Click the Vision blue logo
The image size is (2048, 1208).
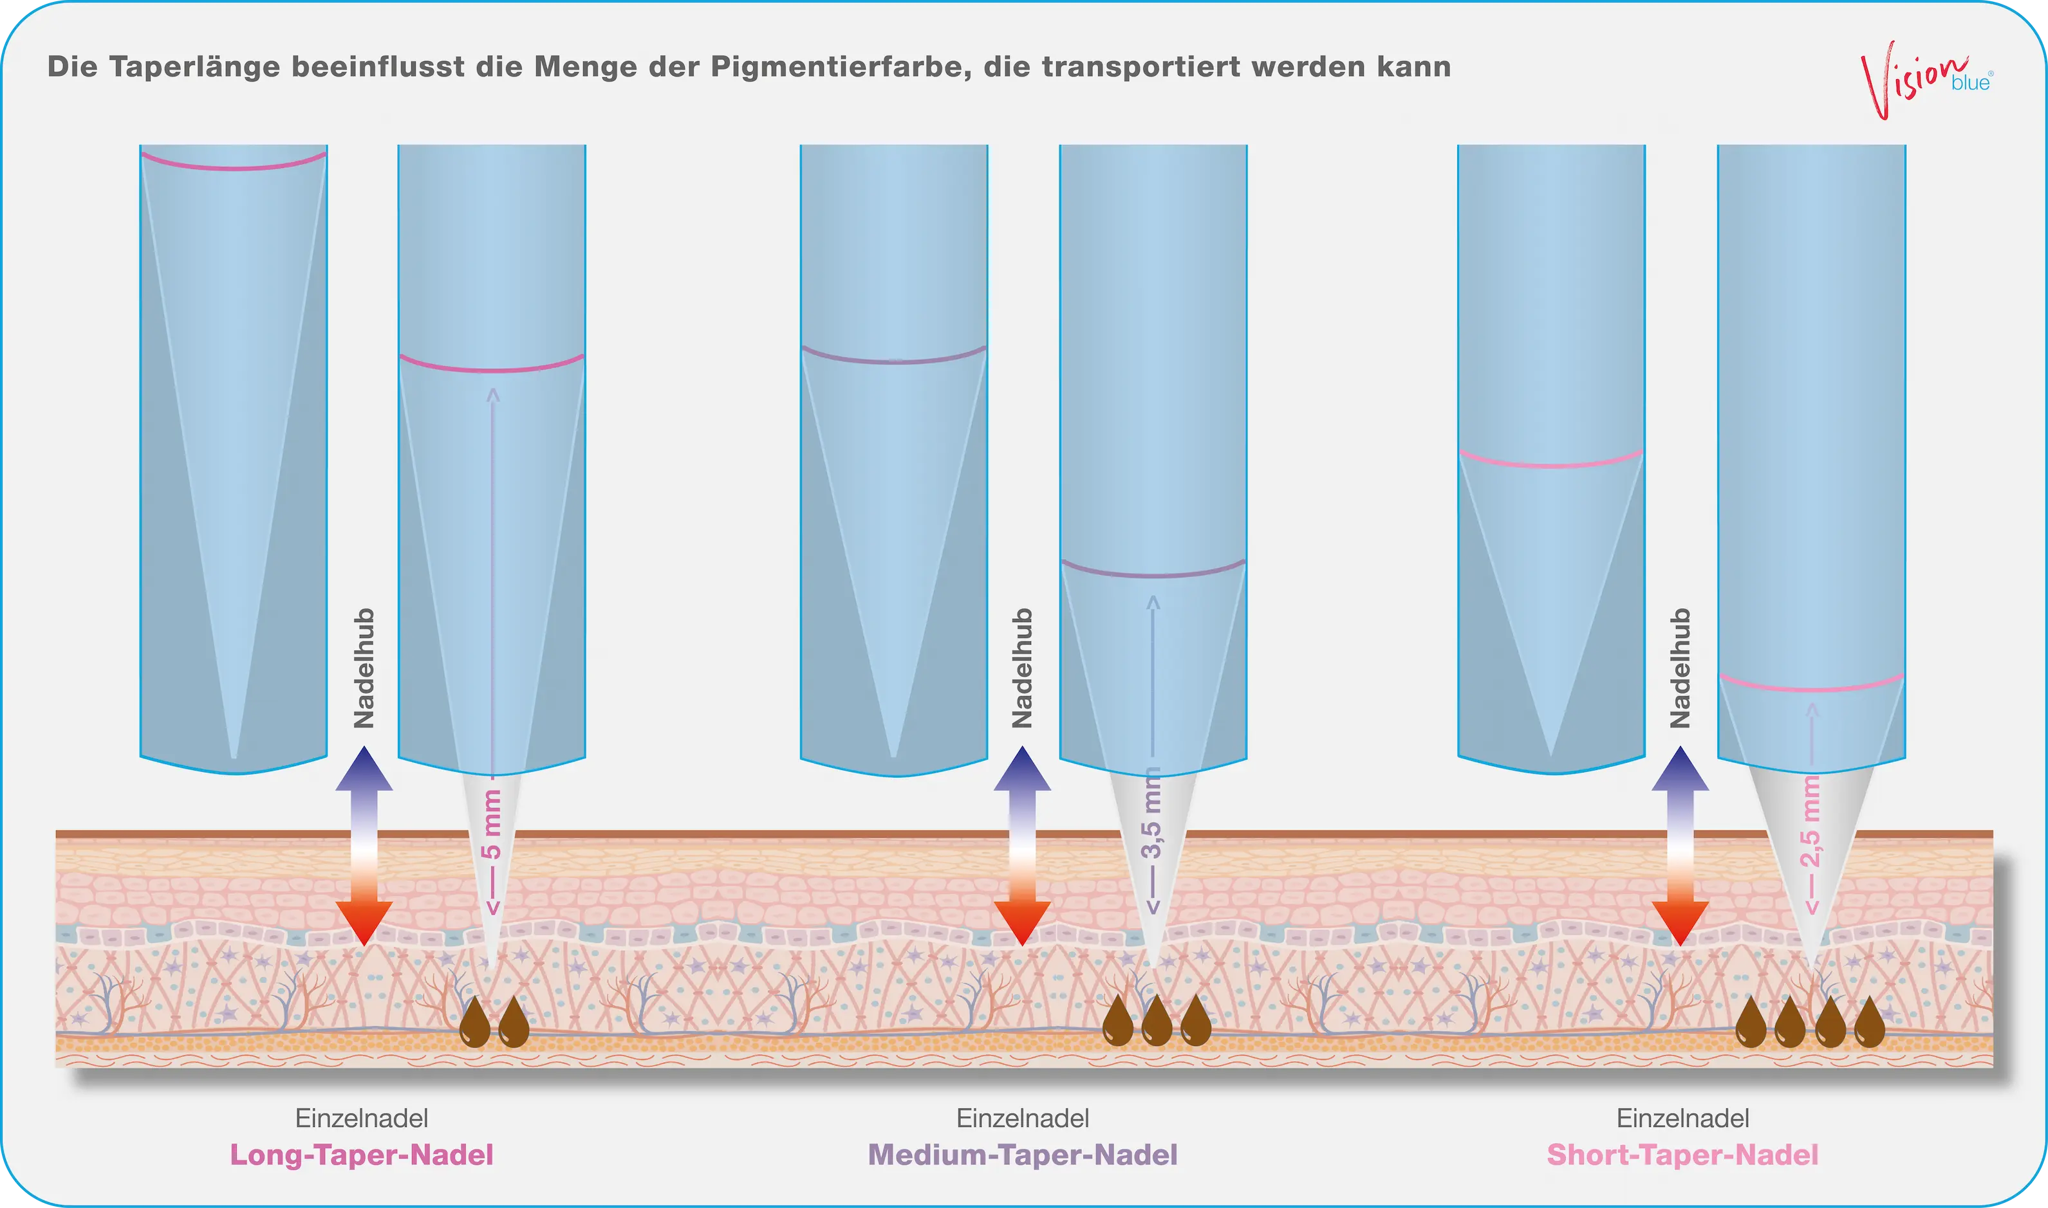coord(1926,80)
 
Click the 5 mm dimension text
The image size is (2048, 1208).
coord(491,824)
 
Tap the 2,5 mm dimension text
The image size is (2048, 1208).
coord(1811,822)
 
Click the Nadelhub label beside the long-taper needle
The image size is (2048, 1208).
coord(364,668)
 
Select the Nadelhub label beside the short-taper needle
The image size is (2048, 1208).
coord(1680,668)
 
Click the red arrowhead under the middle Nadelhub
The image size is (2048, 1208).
coord(1023,923)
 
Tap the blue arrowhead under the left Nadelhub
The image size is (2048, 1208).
coord(364,769)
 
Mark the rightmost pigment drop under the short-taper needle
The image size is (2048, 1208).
coord(1870,1021)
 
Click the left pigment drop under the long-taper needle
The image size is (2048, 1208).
coord(475,1021)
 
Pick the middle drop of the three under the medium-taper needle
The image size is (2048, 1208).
coord(1157,1021)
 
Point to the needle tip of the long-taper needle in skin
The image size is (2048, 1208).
coord(491,965)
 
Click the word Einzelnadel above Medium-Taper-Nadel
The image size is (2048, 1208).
coord(1023,1119)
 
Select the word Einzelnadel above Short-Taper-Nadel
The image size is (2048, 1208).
coord(1682,1119)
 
